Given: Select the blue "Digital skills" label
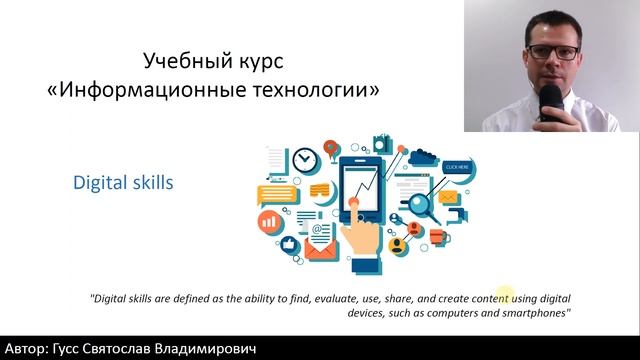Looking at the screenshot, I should (x=122, y=183).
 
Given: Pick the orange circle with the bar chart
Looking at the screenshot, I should (x=268, y=218).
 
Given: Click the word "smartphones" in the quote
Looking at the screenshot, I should (x=535, y=313).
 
